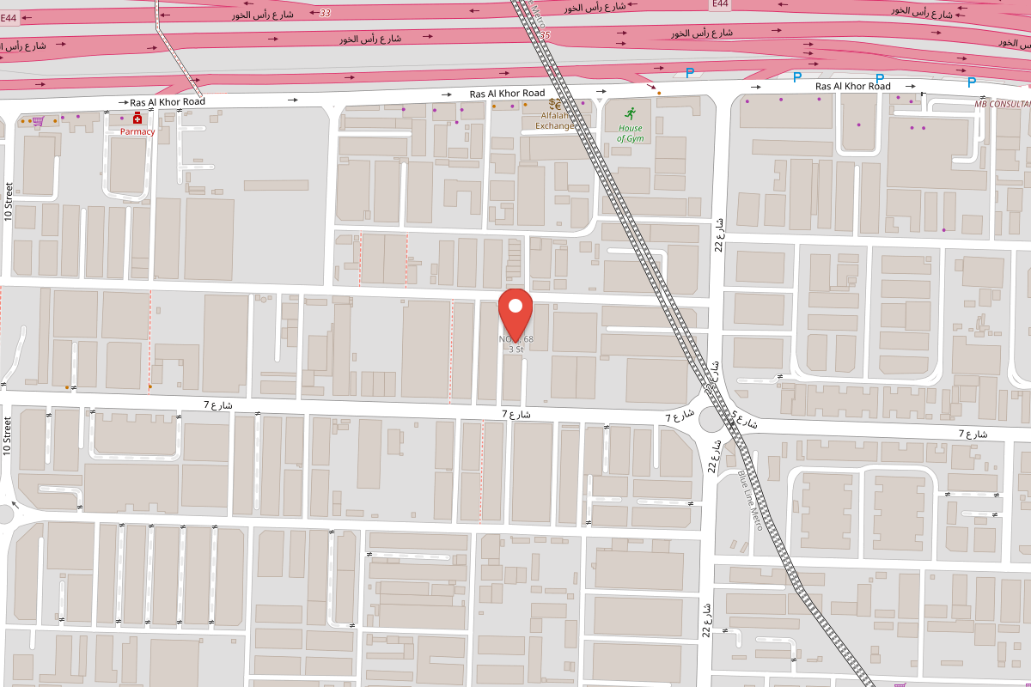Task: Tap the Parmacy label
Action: point(137,132)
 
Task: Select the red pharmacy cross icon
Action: point(137,119)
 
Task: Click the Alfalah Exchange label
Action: point(555,120)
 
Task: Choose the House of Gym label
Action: point(630,133)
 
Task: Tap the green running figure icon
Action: point(630,113)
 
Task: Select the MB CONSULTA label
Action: point(1002,104)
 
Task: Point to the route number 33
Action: point(324,13)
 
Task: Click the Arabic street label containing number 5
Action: point(743,422)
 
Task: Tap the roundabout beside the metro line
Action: point(714,422)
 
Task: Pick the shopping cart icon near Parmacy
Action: point(39,122)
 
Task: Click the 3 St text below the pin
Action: point(515,350)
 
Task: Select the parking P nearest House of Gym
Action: point(689,73)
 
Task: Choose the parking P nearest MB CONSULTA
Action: point(972,82)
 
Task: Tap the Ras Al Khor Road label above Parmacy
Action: point(168,101)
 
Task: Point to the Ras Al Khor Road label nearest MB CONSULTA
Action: point(853,86)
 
